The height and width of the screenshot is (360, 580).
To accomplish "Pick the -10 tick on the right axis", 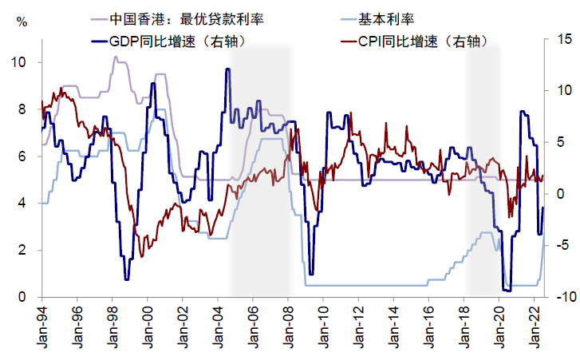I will pyautogui.click(x=562, y=298).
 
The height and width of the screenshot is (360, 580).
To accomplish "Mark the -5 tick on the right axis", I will pyautogui.click(x=563, y=246).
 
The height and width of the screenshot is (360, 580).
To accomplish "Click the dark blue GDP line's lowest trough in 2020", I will pyautogui.click(x=506, y=290).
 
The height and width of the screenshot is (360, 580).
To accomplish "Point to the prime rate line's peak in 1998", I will pyautogui.click(x=115, y=57).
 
